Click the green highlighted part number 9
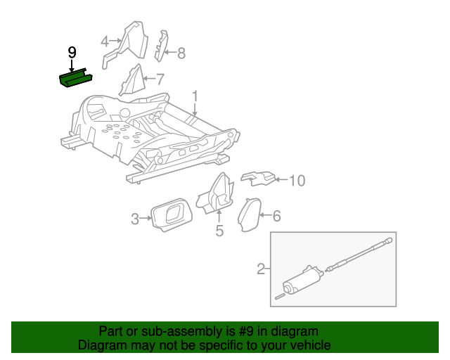point(75,79)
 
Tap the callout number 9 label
point(72,53)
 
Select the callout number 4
point(105,41)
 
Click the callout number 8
point(181,53)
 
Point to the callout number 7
point(160,79)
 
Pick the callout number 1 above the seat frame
point(195,96)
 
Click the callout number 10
point(297,181)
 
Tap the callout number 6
point(276,216)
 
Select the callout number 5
point(219,231)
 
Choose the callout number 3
point(135,219)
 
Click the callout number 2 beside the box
point(261,269)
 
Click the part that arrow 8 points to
point(162,46)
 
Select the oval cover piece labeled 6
point(249,214)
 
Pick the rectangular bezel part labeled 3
point(172,214)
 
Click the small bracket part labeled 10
point(257,179)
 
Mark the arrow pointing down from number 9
point(72,65)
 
